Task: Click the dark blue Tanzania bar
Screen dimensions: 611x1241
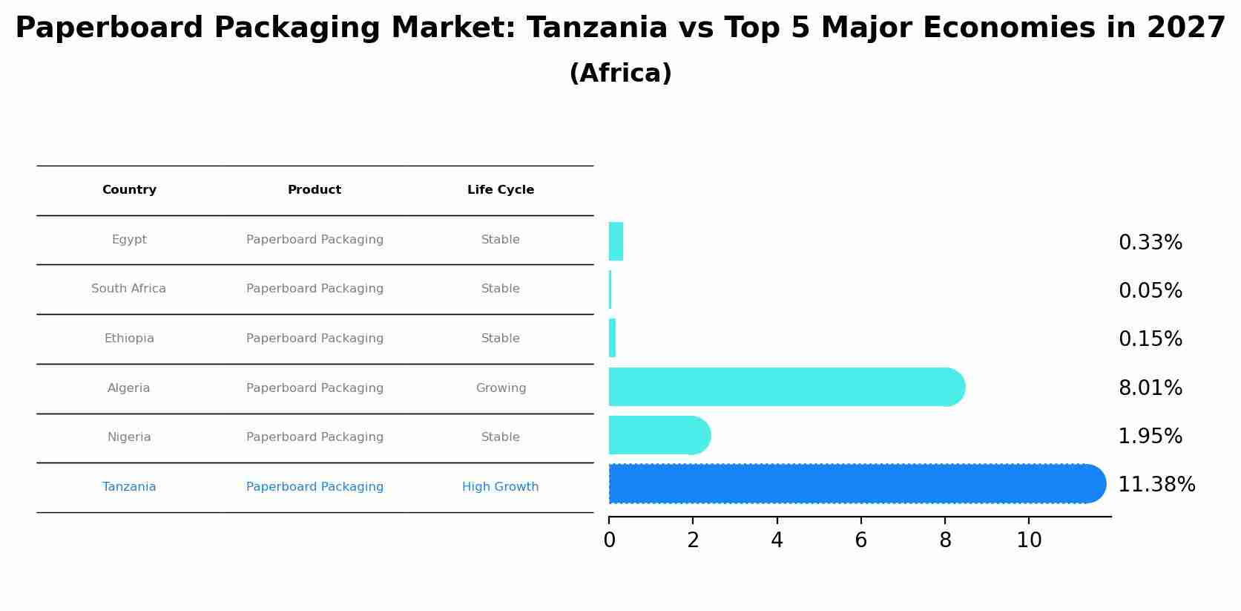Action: pyautogui.click(x=853, y=484)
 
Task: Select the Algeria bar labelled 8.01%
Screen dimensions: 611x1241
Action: pyautogui.click(x=783, y=387)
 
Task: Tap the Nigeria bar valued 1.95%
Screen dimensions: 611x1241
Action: pyautogui.click(x=656, y=435)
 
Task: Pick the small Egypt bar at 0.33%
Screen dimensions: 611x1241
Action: pyautogui.click(x=616, y=241)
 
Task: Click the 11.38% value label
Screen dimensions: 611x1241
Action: pyautogui.click(x=1156, y=485)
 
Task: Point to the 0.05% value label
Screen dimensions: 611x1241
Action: pyautogui.click(x=1150, y=291)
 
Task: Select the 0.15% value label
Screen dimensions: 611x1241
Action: pyautogui.click(x=1150, y=339)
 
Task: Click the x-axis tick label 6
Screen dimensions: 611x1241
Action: pyautogui.click(x=860, y=540)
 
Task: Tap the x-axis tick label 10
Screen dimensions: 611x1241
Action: pyautogui.click(x=1029, y=540)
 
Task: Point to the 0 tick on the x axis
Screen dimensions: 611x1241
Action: pyautogui.click(x=609, y=540)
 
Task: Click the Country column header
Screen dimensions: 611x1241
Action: pyautogui.click(x=129, y=190)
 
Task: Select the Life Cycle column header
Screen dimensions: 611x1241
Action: pyautogui.click(x=501, y=190)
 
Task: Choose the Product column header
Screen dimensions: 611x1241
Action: pyautogui.click(x=315, y=190)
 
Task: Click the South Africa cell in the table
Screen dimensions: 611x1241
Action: pyautogui.click(x=128, y=289)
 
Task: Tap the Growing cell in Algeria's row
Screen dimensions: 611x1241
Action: pyautogui.click(x=501, y=388)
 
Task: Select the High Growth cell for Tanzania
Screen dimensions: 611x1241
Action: pyautogui.click(x=500, y=487)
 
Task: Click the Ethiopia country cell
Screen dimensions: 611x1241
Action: pyautogui.click(x=129, y=339)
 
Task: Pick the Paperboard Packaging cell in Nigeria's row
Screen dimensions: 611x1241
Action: pyautogui.click(x=315, y=437)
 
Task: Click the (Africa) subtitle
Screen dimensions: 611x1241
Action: pyautogui.click(x=620, y=73)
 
